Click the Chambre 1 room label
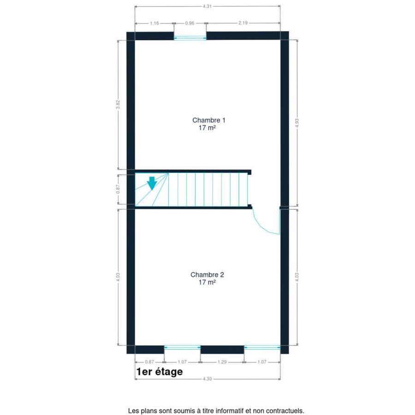tap(208, 120)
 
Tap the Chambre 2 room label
tap(207, 275)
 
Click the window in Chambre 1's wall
tap(190, 38)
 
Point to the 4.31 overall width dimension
tap(207, 6)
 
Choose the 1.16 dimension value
tap(154, 24)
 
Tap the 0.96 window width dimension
tap(190, 24)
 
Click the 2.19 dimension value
tap(243, 23)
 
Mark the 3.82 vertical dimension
tap(118, 104)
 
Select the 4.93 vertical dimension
tap(296, 123)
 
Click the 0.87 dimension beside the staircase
tap(118, 189)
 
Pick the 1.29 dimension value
tap(222, 362)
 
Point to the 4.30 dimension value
tap(207, 379)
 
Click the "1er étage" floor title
tap(160, 372)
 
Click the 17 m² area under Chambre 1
tap(207, 128)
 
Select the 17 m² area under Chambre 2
tap(207, 282)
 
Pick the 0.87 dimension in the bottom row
tap(149, 362)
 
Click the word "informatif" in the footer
tap(230, 411)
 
